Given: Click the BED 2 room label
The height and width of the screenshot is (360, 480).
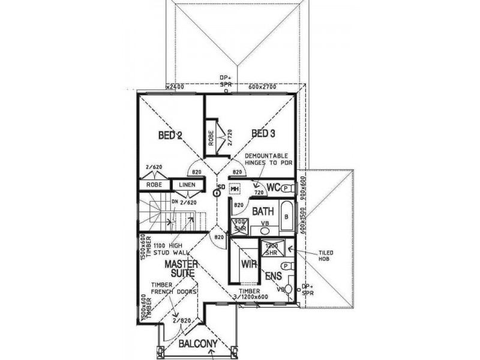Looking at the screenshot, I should tap(170, 135).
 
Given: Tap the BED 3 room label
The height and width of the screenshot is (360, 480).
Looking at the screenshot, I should tap(263, 133).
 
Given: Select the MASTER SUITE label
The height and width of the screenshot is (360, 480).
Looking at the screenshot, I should tap(182, 268).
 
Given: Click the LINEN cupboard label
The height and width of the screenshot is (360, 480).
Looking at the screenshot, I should tap(186, 184).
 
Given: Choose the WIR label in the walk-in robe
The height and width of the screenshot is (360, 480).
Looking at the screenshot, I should tap(248, 264).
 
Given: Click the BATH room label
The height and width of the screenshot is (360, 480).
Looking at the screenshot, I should tap(262, 211).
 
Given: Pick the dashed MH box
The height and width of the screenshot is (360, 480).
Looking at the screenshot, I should tap(235, 188).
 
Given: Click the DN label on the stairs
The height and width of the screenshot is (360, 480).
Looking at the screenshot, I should tap(175, 202).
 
